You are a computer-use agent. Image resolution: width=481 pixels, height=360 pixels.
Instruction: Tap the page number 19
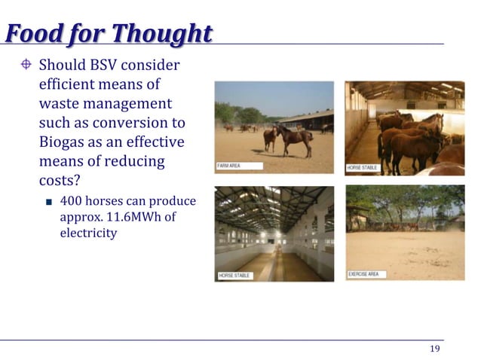point(434,348)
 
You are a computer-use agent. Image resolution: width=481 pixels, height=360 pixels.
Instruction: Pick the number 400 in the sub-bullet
point(71,201)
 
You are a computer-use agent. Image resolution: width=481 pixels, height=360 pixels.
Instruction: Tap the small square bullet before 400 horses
point(47,202)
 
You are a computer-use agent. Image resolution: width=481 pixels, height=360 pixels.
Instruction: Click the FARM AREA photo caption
point(230,165)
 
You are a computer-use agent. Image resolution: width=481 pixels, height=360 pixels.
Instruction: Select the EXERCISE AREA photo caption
point(369,274)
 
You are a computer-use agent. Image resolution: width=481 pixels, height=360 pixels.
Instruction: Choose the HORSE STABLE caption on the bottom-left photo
point(234,276)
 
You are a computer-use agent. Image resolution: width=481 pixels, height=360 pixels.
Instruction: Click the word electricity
point(88,233)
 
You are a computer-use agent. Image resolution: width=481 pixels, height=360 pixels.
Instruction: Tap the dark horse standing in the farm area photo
point(296,138)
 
